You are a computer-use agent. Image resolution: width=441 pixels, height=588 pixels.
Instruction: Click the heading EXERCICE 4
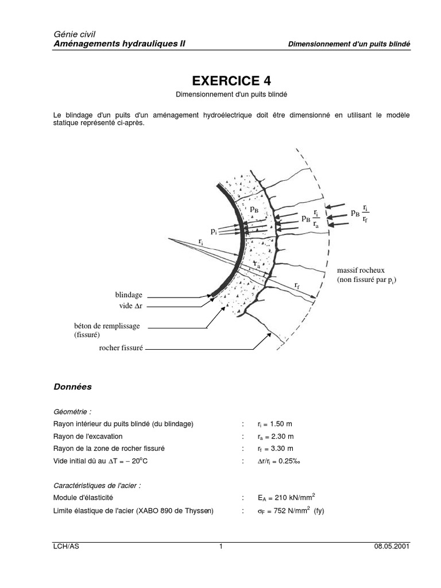(x=220, y=80)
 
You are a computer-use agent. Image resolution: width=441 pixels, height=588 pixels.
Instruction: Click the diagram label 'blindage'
(x=129, y=295)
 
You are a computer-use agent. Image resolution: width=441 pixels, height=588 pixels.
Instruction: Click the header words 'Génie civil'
(x=71, y=34)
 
